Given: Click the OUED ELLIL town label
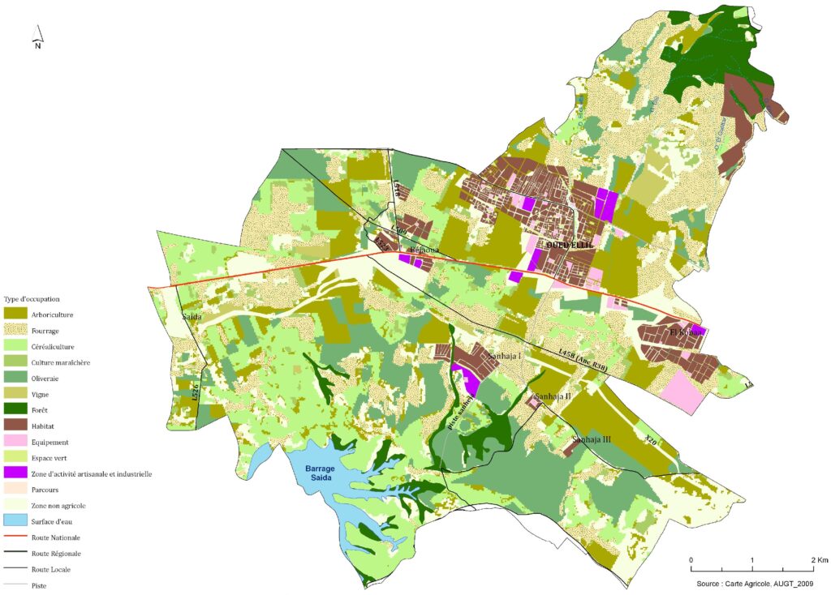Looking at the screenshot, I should [571, 243].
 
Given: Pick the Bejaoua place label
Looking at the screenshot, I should [424, 250].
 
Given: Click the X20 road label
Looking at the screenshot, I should [649, 439].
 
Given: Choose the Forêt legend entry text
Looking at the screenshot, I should [40, 409].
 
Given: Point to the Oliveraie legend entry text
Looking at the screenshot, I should [45, 378].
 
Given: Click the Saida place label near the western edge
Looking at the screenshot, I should [192, 317].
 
